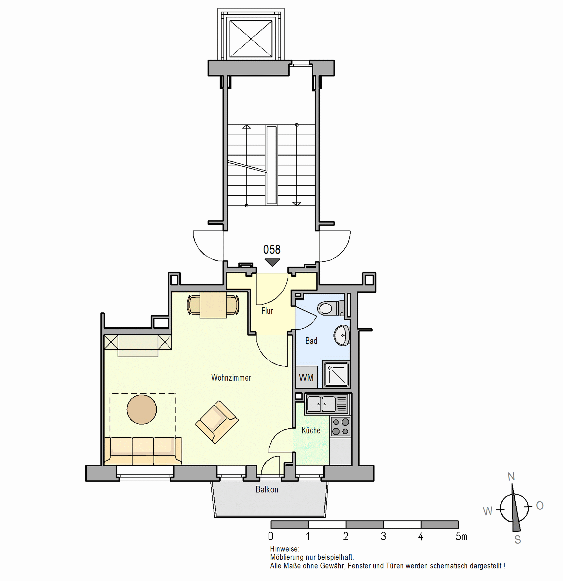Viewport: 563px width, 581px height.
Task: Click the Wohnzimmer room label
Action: click(x=231, y=378)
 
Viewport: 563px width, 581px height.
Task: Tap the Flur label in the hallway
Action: click(x=267, y=311)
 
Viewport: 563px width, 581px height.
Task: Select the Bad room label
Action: click(x=311, y=341)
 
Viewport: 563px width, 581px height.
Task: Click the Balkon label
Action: click(x=267, y=489)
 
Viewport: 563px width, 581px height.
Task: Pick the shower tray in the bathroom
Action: click(x=336, y=374)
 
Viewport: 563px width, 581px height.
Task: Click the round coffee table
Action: click(x=142, y=409)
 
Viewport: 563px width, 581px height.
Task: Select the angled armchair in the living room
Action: click(x=217, y=422)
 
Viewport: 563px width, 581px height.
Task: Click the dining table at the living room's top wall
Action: click(x=213, y=305)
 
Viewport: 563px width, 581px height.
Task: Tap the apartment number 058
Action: click(x=272, y=250)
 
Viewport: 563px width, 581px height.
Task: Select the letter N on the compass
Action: click(x=511, y=477)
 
